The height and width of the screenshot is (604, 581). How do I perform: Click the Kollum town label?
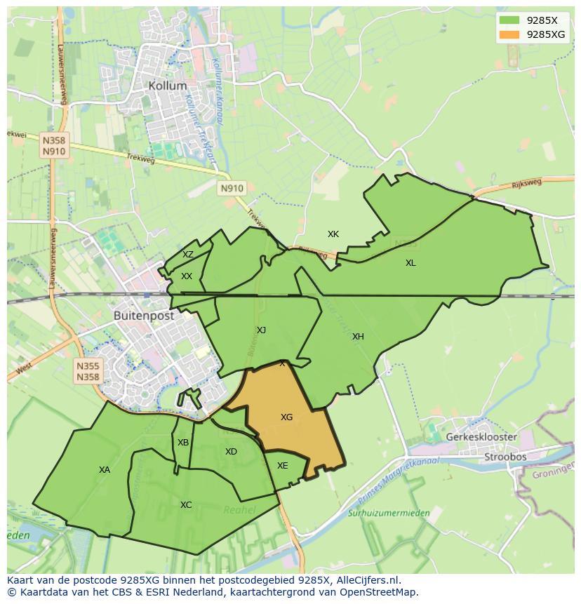[x=168, y=86]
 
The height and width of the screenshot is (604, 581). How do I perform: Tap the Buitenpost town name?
[x=144, y=316]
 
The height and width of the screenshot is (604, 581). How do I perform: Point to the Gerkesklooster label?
[x=481, y=436]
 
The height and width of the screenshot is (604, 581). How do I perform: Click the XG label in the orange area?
[x=286, y=417]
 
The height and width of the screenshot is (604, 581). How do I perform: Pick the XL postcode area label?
[x=410, y=263]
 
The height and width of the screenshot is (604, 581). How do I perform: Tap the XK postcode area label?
[x=333, y=234]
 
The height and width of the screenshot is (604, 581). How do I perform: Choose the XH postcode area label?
[x=358, y=337]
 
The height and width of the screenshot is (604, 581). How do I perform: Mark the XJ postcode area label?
[x=261, y=330]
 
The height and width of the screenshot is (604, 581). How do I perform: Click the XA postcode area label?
[x=105, y=470]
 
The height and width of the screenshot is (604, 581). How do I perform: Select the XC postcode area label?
[x=186, y=505]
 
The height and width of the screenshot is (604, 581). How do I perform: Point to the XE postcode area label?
[x=282, y=466]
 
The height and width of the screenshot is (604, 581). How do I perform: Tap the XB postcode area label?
[x=183, y=443]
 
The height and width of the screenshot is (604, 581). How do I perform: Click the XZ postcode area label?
[x=188, y=255]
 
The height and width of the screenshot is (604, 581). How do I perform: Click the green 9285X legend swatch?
[x=509, y=20]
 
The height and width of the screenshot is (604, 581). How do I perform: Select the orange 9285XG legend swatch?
[x=509, y=34]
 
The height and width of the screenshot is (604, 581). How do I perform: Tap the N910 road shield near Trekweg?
[x=232, y=188]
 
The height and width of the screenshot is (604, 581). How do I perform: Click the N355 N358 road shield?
[x=88, y=371]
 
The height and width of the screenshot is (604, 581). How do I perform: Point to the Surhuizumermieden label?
[x=389, y=514]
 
